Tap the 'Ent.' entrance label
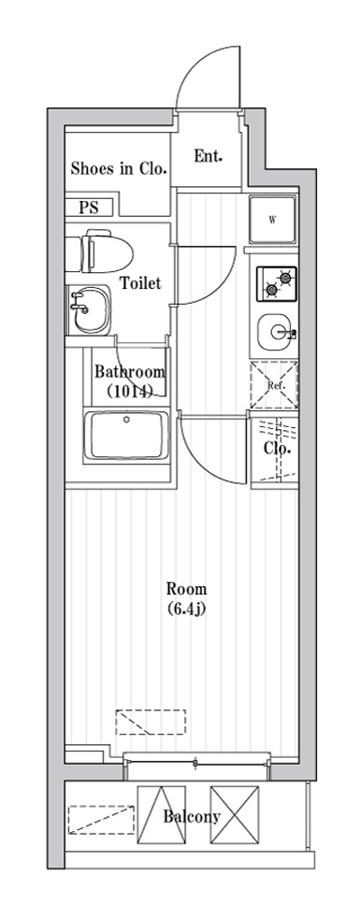[x=208, y=157]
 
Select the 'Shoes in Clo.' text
[x=120, y=169]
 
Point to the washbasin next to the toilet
[x=88, y=309]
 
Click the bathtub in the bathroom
[x=127, y=436]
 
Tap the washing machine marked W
[x=272, y=220]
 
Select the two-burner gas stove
[x=276, y=284]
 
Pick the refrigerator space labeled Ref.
[x=273, y=385]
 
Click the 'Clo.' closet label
[x=277, y=449]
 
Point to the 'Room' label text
[x=186, y=588]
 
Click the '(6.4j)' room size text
[x=186, y=609]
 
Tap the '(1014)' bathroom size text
[x=130, y=392]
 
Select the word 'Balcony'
[x=192, y=816]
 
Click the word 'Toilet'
[x=140, y=283]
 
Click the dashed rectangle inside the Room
[x=151, y=722]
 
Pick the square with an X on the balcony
[x=235, y=814]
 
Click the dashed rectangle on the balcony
[x=101, y=820]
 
